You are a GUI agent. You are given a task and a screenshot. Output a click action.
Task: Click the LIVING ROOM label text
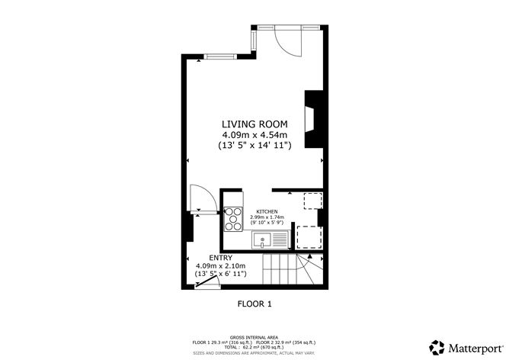pos(254,124)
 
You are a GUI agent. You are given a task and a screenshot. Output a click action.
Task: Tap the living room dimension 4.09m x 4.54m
pos(254,134)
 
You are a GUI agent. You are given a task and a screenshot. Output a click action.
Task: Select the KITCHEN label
pos(266,211)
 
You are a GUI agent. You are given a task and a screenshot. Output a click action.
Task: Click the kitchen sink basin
pos(261,242)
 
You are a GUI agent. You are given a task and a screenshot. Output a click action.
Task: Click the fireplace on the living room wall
pos(312,119)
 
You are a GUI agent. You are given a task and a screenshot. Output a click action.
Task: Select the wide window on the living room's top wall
pos(219,55)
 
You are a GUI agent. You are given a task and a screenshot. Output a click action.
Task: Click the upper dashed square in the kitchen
pos(312,201)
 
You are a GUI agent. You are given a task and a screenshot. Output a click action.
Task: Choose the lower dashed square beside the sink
pos(307,238)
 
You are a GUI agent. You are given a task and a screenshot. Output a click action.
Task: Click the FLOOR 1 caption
pos(253,304)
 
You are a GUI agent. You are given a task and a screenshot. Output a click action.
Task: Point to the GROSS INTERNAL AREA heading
pos(254,336)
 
